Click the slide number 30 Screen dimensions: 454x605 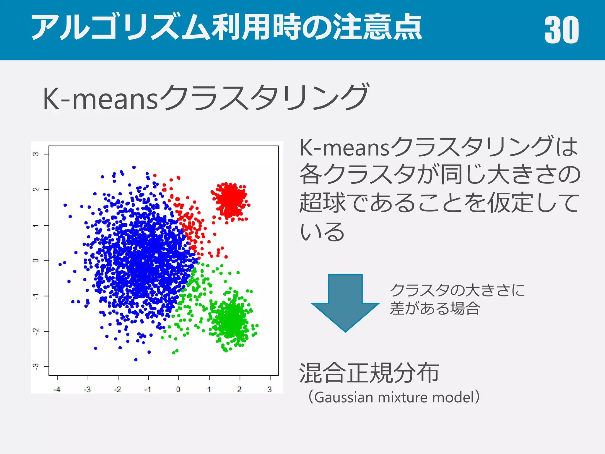tap(561, 30)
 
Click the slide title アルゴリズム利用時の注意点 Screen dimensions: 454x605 tap(227, 27)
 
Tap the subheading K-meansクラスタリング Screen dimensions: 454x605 tap(206, 98)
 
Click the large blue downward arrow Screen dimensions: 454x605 tap(345, 301)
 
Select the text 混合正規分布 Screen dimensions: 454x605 tap(369, 373)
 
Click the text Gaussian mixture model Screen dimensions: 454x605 tap(394, 397)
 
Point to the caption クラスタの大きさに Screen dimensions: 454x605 tap(457, 290)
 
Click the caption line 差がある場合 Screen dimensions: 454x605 tap(435, 309)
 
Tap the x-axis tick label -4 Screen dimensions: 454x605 tap(57, 390)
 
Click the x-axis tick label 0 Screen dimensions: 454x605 tap(178, 390)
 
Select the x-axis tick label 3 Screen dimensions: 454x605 tap(269, 390)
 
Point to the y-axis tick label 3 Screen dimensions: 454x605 tap(36, 154)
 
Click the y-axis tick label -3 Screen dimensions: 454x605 tap(36, 367)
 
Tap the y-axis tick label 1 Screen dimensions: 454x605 tap(36, 225)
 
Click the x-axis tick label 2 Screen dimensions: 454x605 tap(239, 390)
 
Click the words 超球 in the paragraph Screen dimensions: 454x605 tap(322, 203)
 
